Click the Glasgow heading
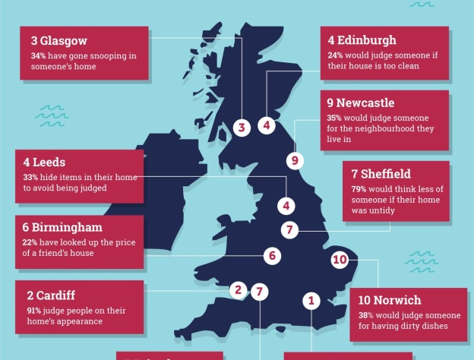(x=59, y=41)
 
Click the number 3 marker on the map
(x=242, y=128)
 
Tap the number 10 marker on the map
(x=340, y=260)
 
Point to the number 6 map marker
(x=272, y=256)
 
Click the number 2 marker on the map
(x=238, y=289)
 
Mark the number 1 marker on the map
(x=310, y=300)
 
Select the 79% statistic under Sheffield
(x=359, y=189)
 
